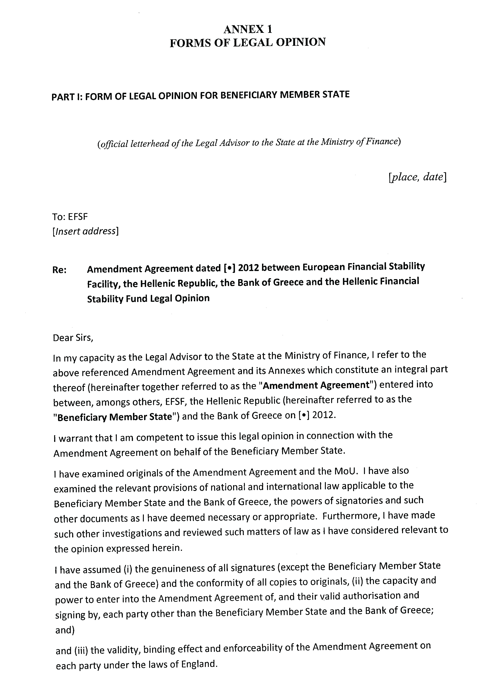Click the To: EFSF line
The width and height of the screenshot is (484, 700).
pos(70,217)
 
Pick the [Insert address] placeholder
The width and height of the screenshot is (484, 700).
pos(85,231)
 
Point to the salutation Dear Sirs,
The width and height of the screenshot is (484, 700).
pos(73,338)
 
